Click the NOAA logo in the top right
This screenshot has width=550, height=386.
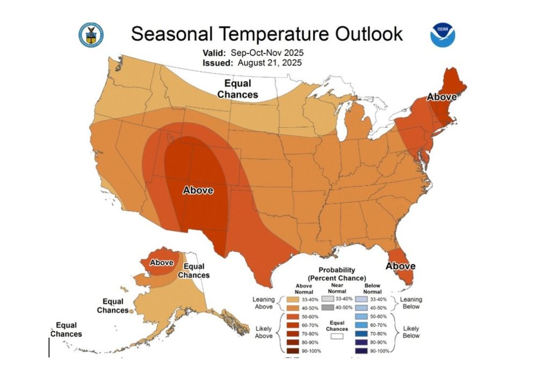click(442, 35)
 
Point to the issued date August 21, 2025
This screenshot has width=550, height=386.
click(267, 62)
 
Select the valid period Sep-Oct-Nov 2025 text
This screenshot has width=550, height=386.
click(267, 53)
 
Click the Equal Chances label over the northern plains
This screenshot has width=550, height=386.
click(237, 89)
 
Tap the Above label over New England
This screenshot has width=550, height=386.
click(442, 97)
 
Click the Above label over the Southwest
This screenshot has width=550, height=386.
click(198, 190)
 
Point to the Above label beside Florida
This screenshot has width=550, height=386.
click(401, 266)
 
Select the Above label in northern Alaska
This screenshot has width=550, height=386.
click(161, 263)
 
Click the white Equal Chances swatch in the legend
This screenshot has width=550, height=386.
click(337, 336)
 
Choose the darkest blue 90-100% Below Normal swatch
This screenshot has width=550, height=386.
click(361, 351)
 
